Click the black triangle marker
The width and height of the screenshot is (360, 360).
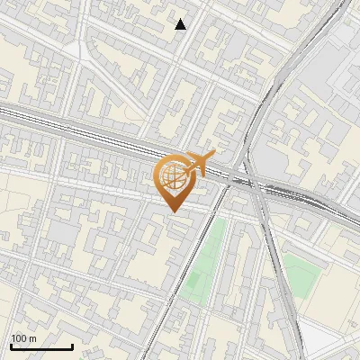pos(181,24)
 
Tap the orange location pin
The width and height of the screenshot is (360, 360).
pos(175,181)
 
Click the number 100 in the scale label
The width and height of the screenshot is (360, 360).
pos(19,338)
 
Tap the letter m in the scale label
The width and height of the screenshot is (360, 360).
pos(32,338)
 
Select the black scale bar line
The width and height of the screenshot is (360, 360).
pos(41,346)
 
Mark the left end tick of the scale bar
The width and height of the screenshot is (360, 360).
pos(11,345)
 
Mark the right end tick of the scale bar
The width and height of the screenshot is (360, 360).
pos(72,345)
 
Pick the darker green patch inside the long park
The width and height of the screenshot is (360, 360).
pos(193,283)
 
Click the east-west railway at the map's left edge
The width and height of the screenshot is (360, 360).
pos(18,112)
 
